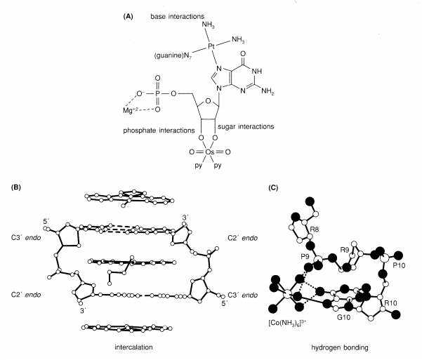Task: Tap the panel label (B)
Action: tap(15, 187)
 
